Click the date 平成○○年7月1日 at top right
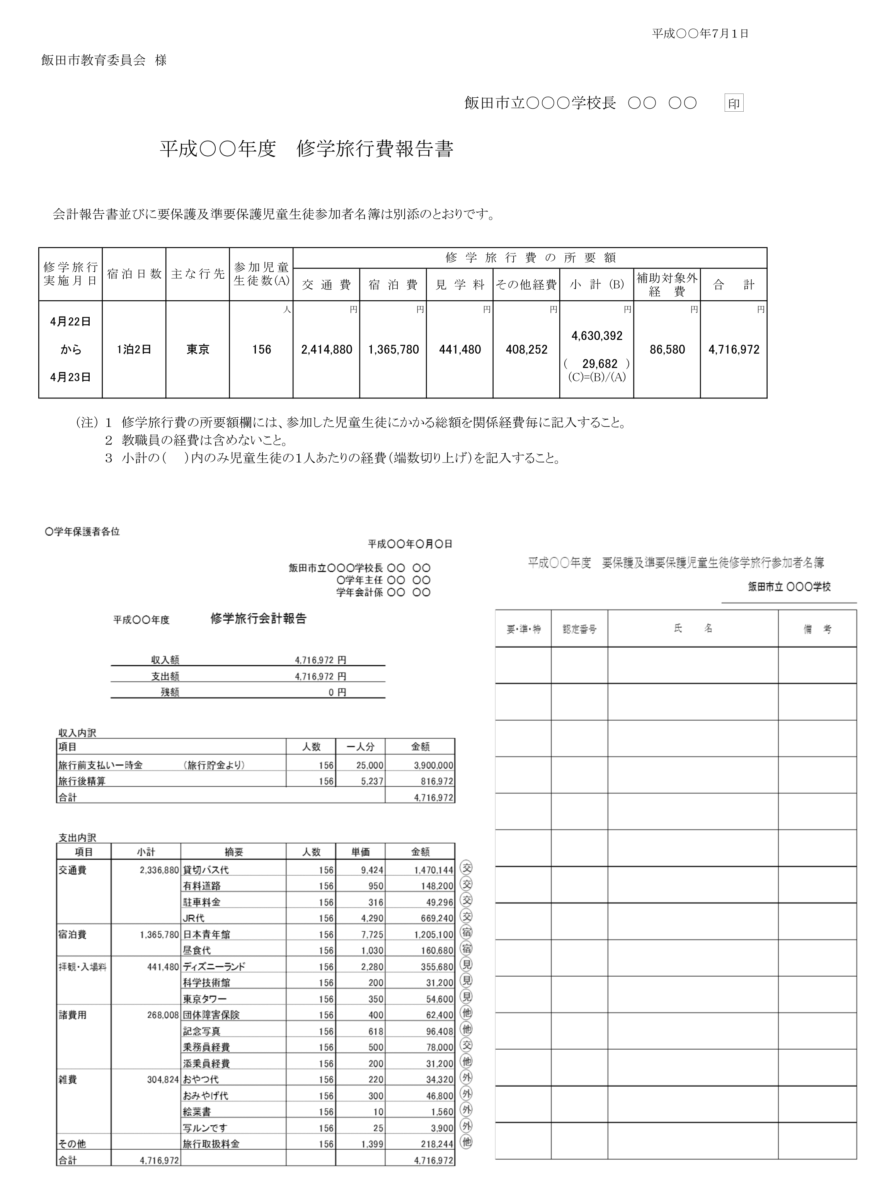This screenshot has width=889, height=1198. (x=700, y=33)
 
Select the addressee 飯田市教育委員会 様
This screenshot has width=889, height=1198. (x=104, y=60)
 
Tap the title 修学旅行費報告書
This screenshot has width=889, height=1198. (x=375, y=150)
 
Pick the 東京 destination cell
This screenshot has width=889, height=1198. (x=198, y=350)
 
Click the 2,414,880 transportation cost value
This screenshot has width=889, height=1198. (x=327, y=350)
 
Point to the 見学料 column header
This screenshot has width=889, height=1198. (x=460, y=285)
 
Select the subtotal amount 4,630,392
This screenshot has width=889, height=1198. (x=597, y=336)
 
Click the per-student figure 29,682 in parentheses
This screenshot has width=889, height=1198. (x=599, y=364)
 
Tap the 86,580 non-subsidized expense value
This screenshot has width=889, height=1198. (x=667, y=350)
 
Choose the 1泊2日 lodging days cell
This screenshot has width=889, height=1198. (x=134, y=350)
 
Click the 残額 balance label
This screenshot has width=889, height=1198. (x=170, y=693)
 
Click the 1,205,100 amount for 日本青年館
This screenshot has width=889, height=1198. (x=434, y=935)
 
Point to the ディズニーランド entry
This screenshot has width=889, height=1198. (x=214, y=967)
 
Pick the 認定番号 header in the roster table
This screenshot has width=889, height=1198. (x=579, y=629)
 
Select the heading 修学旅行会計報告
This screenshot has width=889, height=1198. (x=258, y=619)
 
